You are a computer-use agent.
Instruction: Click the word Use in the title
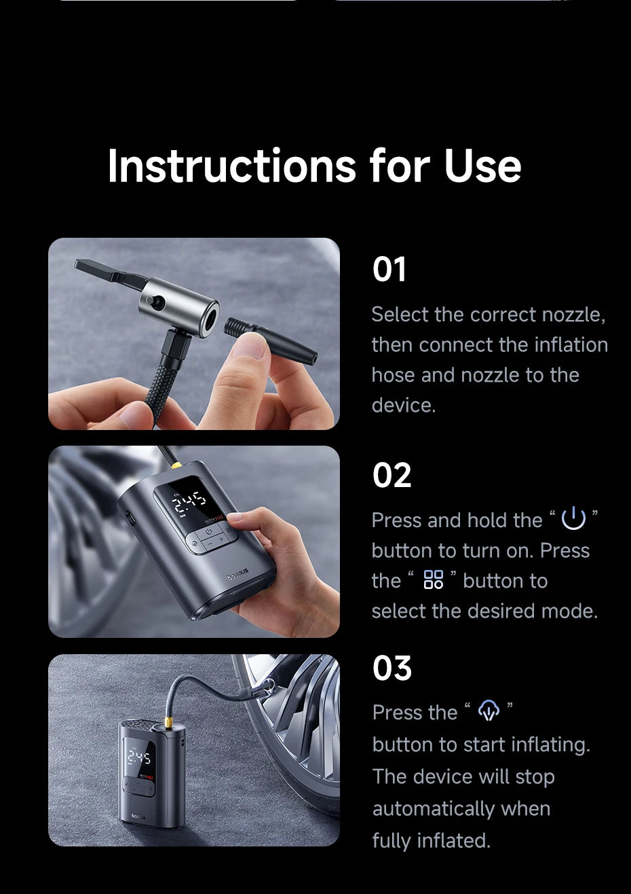pyautogui.click(x=482, y=166)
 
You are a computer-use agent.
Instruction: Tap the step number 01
pyautogui.click(x=389, y=270)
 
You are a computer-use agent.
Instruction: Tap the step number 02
pyautogui.click(x=391, y=476)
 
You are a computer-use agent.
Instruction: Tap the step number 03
pyautogui.click(x=392, y=668)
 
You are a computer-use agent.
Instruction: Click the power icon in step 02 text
pyautogui.click(x=573, y=519)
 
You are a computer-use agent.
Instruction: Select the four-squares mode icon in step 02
pyautogui.click(x=433, y=579)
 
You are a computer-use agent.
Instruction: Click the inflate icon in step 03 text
pyautogui.click(x=489, y=711)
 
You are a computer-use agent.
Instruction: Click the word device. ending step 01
pyautogui.click(x=403, y=405)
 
